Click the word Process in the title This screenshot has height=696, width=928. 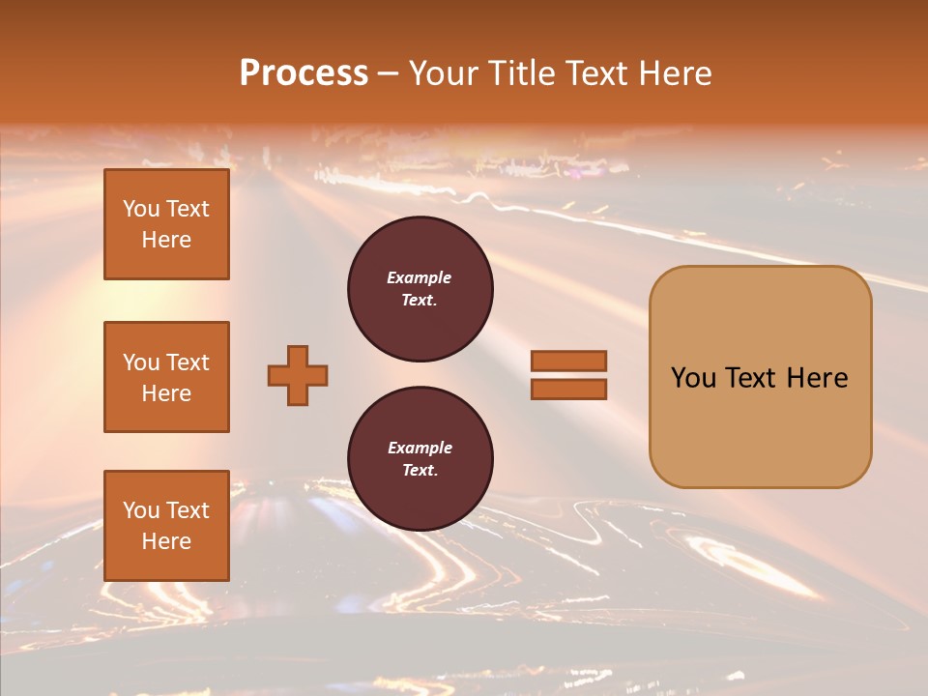304,72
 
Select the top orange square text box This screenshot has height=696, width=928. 166,224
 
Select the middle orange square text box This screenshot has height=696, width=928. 166,377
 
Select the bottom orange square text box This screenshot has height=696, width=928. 166,526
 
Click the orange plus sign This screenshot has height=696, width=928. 298,375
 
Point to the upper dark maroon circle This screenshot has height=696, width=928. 420,289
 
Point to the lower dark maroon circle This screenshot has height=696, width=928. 420,459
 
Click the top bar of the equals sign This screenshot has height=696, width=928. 568,361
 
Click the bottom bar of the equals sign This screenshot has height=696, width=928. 568,389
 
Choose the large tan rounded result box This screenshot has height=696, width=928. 760,377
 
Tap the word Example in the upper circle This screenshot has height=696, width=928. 420,277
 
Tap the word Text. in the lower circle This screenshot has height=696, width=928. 420,471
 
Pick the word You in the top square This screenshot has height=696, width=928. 141,209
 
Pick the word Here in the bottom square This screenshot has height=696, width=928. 166,541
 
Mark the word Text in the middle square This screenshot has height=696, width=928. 187,362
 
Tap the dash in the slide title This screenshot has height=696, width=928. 388,73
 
